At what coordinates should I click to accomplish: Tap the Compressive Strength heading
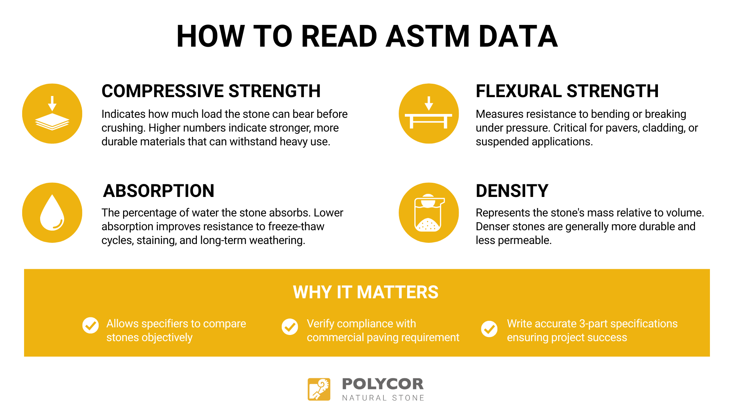[211, 91]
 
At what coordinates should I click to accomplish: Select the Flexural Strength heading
[567, 91]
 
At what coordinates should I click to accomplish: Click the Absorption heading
[159, 191]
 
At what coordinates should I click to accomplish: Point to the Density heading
[512, 191]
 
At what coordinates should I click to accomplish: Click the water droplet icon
[52, 213]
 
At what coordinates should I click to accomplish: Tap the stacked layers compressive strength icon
[52, 114]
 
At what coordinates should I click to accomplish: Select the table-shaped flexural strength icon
[429, 114]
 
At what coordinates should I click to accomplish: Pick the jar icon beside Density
[429, 213]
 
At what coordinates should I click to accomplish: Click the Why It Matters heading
[366, 292]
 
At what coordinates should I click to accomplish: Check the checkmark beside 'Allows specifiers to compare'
[91, 325]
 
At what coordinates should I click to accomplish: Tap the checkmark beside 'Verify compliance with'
[290, 327]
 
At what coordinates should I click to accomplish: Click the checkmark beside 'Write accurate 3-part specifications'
[489, 329]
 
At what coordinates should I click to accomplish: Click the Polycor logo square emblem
[319, 389]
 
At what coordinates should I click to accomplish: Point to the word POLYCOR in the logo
[383, 384]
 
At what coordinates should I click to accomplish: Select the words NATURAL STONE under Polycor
[383, 398]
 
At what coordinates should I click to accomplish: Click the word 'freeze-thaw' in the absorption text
[296, 226]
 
